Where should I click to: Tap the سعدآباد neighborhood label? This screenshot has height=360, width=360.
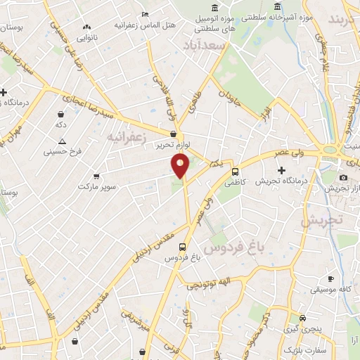point(206,45)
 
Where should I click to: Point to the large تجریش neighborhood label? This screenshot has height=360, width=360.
point(321,219)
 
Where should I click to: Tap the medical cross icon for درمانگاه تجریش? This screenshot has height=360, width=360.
point(282,170)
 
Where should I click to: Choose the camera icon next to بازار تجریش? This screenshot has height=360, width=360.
point(343,178)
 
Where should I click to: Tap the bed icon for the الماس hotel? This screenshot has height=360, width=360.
point(145,13)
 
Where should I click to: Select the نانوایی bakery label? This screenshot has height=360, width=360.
point(86,37)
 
